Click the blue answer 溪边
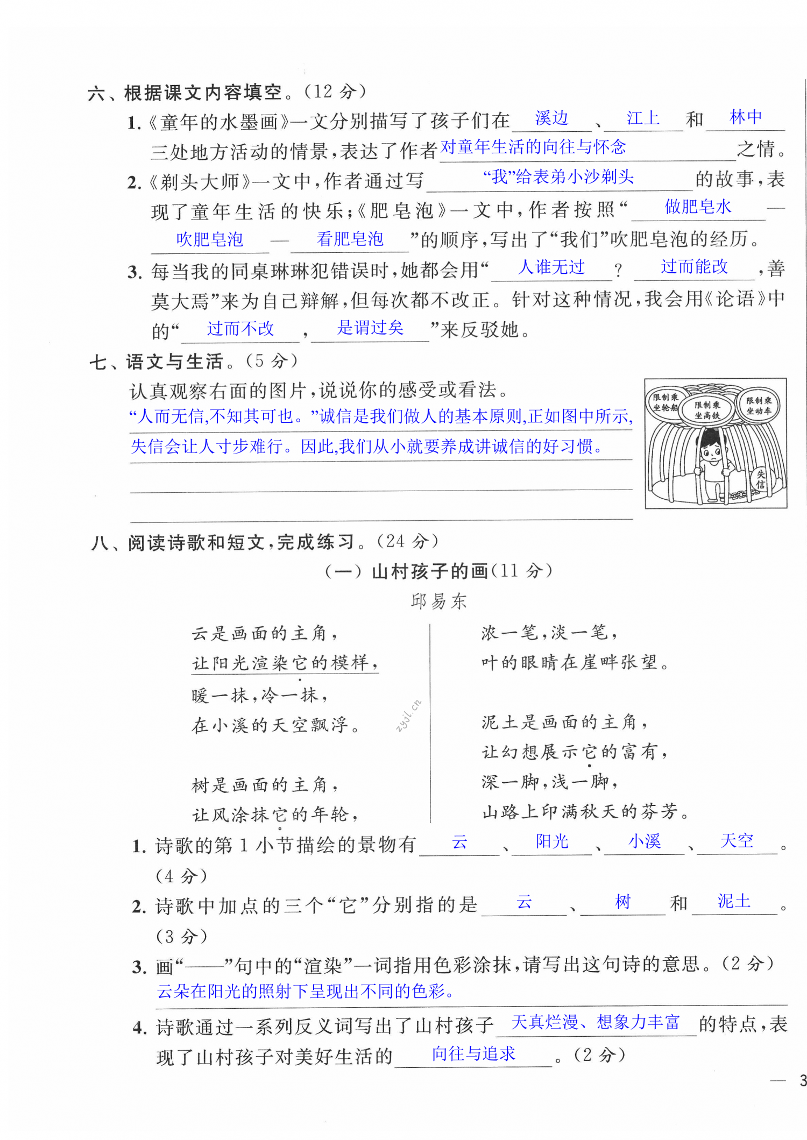(x=551, y=118)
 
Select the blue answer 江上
(x=643, y=118)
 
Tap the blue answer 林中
(x=746, y=117)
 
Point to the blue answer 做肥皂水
(x=698, y=207)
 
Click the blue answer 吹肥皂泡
(x=209, y=239)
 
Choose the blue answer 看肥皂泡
(x=350, y=239)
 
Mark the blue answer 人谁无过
(x=551, y=267)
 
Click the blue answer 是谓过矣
(x=370, y=328)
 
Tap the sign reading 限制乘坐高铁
(x=707, y=410)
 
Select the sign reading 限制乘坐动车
(x=759, y=406)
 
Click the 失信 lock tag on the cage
(x=760, y=479)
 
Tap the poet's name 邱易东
(x=438, y=601)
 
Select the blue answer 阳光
(x=552, y=841)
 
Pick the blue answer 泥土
(x=734, y=901)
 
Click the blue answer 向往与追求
(x=473, y=1054)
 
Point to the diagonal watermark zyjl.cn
(x=408, y=716)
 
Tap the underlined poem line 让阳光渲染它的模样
(x=285, y=663)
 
